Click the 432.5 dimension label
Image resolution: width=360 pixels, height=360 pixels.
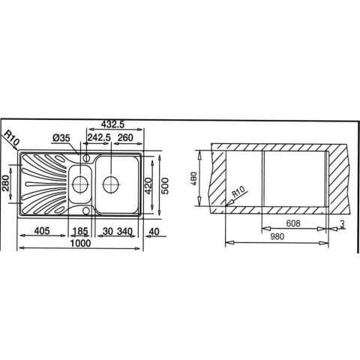pyautogui.click(x=112, y=124)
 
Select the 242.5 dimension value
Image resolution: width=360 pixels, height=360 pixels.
pyautogui.click(x=99, y=137)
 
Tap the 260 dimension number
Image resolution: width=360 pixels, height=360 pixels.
pyautogui.click(x=125, y=137)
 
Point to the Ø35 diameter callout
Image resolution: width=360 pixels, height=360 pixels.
pyautogui.click(x=61, y=138)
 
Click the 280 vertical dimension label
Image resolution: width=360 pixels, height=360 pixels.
pyautogui.click(x=5, y=183)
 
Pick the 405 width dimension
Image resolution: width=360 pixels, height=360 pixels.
pyautogui.click(x=42, y=231)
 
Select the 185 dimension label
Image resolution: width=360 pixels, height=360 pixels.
pyautogui.click(x=79, y=231)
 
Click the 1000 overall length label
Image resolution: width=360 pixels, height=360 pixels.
pyautogui.click(x=80, y=243)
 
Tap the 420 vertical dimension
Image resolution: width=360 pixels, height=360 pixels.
pyautogui.click(x=148, y=186)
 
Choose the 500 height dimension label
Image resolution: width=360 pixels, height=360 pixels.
pyautogui.click(x=165, y=186)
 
